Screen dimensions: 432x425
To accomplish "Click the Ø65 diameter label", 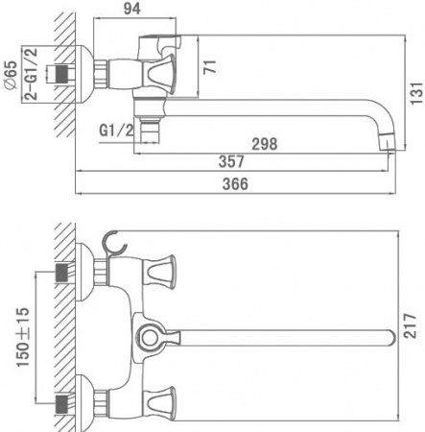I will [x=10, y=74].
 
